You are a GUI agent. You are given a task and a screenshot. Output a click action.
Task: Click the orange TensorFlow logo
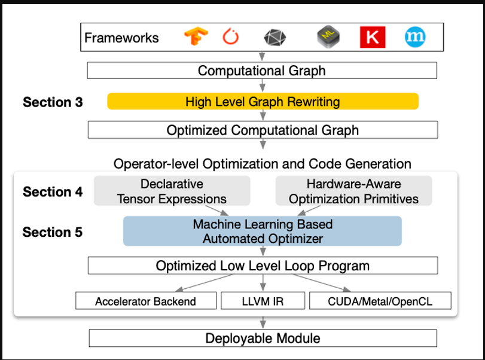tap(196, 38)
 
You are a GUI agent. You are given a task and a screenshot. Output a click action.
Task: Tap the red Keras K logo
tap(372, 38)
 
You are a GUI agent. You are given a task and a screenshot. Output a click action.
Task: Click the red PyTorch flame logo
tap(230, 38)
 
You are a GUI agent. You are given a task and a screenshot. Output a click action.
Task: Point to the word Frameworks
tap(121, 38)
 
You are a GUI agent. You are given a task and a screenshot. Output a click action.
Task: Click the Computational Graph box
tap(262, 71)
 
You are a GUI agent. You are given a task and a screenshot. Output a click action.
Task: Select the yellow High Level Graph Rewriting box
tap(263, 101)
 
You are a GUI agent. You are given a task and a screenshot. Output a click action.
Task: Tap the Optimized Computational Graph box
tap(263, 130)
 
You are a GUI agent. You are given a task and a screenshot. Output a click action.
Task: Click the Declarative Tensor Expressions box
tap(172, 191)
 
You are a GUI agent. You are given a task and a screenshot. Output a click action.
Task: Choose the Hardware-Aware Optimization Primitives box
tap(353, 191)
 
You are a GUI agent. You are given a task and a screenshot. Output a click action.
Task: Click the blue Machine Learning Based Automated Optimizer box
tap(262, 231)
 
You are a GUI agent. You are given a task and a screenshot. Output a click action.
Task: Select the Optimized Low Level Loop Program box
tap(263, 266)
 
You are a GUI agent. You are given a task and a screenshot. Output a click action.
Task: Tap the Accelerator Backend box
tap(145, 301)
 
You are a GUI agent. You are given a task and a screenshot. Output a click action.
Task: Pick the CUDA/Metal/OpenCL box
tap(380, 301)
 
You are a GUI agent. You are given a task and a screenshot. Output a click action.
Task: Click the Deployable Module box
tap(263, 338)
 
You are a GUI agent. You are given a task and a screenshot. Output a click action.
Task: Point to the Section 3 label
tap(53, 102)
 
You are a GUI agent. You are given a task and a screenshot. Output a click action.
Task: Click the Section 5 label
tap(53, 232)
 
